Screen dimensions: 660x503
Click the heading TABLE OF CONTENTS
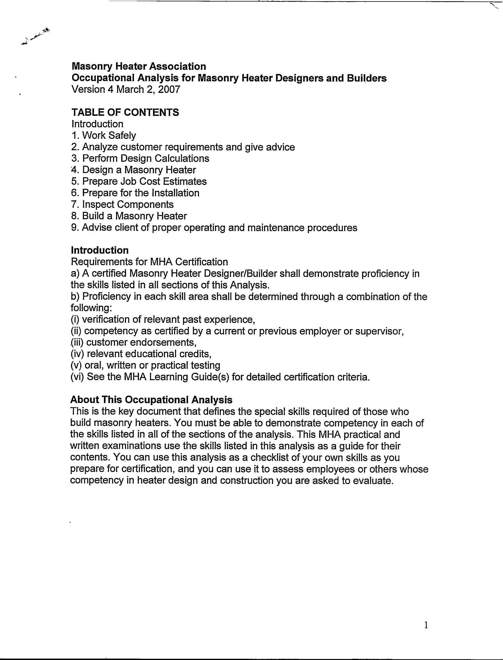125,112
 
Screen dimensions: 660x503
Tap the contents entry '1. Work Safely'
104,135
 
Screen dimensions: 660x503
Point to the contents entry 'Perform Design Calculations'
146,158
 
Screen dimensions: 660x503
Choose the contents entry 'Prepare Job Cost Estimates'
144,181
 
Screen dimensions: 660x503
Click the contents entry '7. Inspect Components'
122,204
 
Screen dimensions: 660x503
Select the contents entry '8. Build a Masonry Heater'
129,216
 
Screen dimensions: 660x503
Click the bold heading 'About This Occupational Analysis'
151,400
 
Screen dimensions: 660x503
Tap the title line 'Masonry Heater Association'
139,66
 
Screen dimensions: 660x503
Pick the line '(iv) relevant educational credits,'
141,354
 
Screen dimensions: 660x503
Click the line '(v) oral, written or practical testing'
146,365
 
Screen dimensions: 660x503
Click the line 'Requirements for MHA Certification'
149,262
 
